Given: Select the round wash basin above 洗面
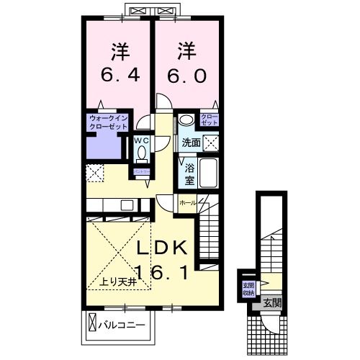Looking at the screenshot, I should coord(185,120).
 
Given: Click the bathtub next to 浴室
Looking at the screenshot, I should coord(210,174).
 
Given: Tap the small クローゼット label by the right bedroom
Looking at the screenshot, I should coord(209,120).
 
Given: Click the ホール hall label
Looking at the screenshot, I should coord(186,203).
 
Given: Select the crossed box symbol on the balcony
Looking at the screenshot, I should coord(92,324).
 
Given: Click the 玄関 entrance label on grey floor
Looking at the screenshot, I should coord(271,301).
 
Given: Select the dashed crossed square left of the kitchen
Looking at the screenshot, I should coord(94,173).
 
